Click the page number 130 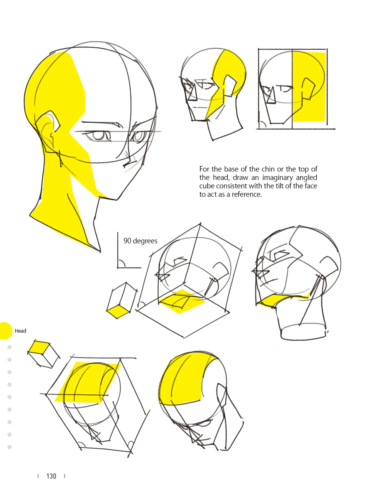click(x=51, y=476)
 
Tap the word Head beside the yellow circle click(x=20, y=331)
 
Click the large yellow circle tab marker click(x=5, y=331)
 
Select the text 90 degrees click(x=140, y=241)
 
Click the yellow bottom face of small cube click(x=118, y=312)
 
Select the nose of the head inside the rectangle click(x=270, y=95)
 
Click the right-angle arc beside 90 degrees click(x=122, y=263)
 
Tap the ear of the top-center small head click(x=230, y=85)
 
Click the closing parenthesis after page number click(x=65, y=476)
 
